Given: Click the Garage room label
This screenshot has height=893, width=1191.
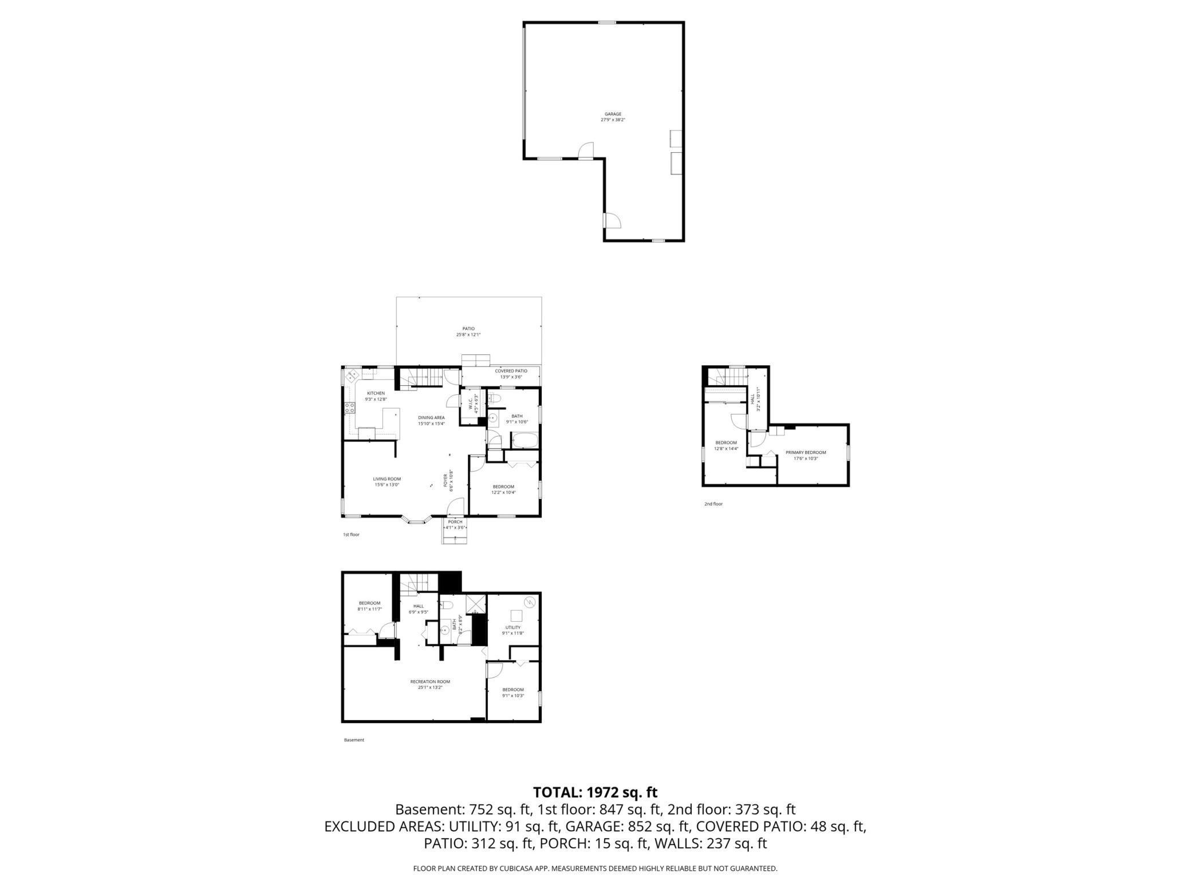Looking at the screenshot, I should click(x=613, y=117).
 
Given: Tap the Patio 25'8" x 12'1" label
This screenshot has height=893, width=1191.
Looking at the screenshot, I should click(x=468, y=331).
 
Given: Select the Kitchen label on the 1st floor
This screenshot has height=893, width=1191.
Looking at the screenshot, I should click(x=376, y=396).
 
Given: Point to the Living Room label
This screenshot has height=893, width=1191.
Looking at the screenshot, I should click(x=387, y=481).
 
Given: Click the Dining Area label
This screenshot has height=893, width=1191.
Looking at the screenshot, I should click(x=431, y=420).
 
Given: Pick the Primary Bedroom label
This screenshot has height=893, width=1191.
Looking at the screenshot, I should click(x=806, y=455).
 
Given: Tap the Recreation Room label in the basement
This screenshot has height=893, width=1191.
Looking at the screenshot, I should click(x=430, y=684).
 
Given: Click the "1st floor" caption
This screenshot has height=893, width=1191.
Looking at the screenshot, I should click(x=351, y=535).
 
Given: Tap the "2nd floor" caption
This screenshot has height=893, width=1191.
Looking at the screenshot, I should click(x=713, y=504).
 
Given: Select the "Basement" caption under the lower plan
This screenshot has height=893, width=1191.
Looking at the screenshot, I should click(x=354, y=740).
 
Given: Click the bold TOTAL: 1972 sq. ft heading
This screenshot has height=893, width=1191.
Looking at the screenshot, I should click(x=595, y=792).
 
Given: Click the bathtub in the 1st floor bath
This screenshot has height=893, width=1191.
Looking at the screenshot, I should click(x=524, y=441).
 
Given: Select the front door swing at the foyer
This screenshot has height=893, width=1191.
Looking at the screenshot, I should click(x=456, y=507).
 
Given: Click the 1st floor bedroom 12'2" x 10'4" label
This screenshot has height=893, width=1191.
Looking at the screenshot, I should click(x=503, y=489).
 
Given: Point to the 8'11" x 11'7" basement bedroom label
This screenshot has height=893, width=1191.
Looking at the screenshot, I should click(x=369, y=606).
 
